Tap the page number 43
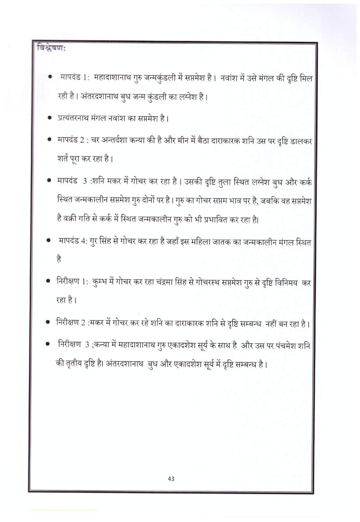click(171, 479)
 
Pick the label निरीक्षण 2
click(71, 322)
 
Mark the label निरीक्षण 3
click(73, 345)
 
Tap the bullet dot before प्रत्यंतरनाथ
click(50, 118)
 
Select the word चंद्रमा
click(167, 282)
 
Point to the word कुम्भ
click(101, 282)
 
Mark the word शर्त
click(63, 159)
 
